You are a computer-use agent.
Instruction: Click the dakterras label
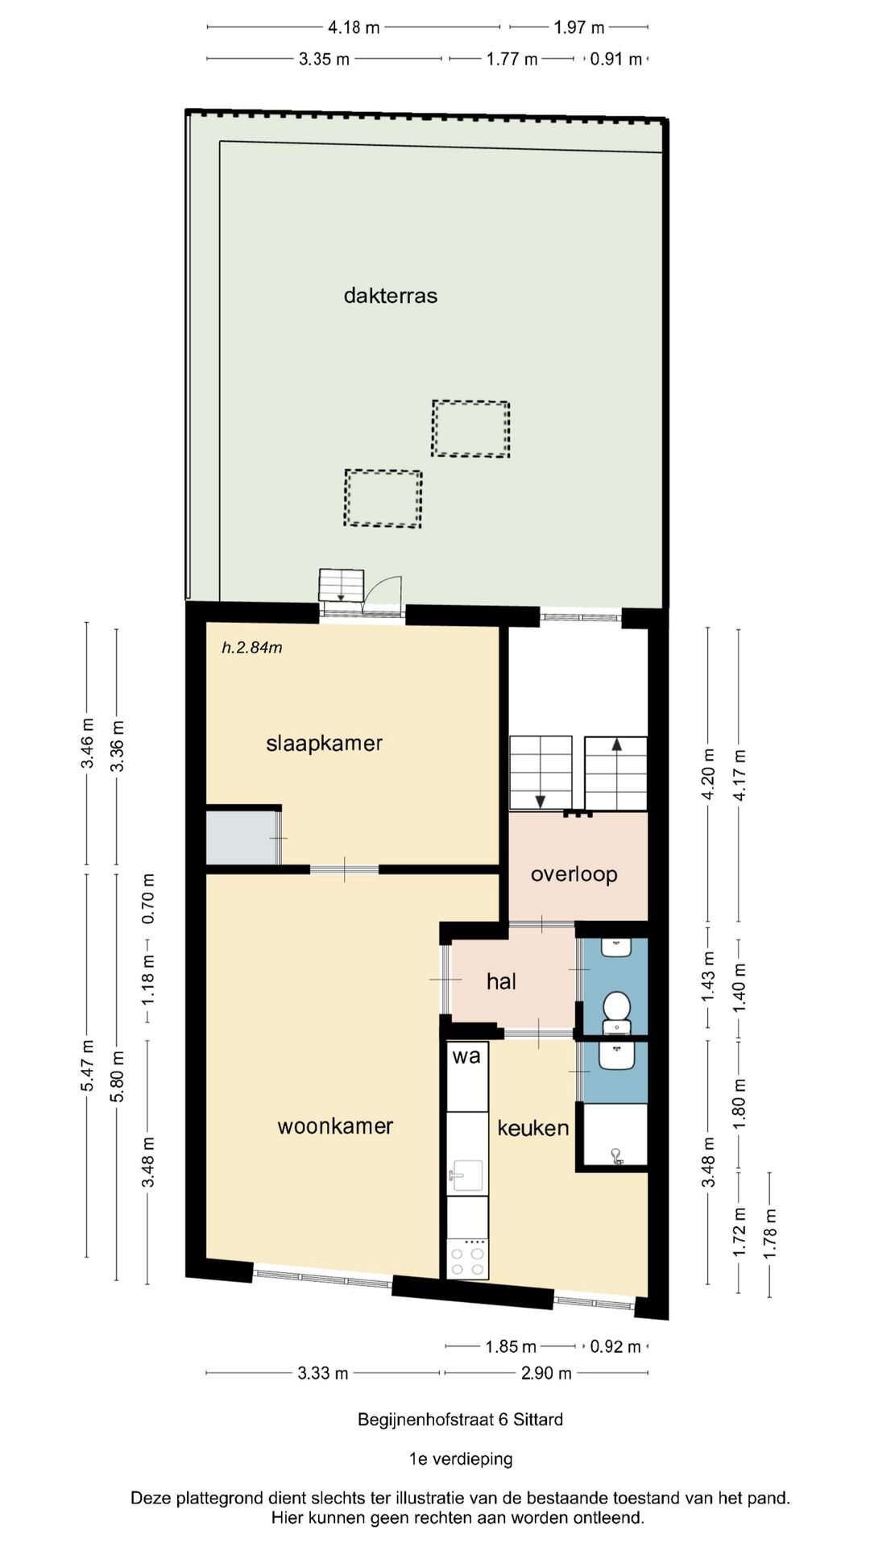point(391,296)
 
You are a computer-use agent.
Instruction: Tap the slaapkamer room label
point(324,743)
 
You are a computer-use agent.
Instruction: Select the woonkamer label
point(335,1126)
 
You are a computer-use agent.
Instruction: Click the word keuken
point(532,1128)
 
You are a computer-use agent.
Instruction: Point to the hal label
point(501,981)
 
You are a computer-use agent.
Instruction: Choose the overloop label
point(574,874)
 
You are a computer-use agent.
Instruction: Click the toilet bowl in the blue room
point(617,1006)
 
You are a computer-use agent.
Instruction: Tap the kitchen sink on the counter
point(466,1175)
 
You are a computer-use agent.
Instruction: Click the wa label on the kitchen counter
point(466,1056)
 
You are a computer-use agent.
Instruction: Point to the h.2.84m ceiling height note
point(252,648)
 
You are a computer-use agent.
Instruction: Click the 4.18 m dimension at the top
point(354,27)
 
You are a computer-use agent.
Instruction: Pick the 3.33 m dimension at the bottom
point(323,1373)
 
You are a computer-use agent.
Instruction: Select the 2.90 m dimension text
point(546,1373)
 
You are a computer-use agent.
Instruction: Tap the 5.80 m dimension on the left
point(118,1077)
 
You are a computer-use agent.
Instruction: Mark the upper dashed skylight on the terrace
point(470,429)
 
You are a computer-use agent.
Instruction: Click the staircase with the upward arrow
point(616,773)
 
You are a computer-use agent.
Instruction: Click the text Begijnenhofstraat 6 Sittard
point(460,1420)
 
